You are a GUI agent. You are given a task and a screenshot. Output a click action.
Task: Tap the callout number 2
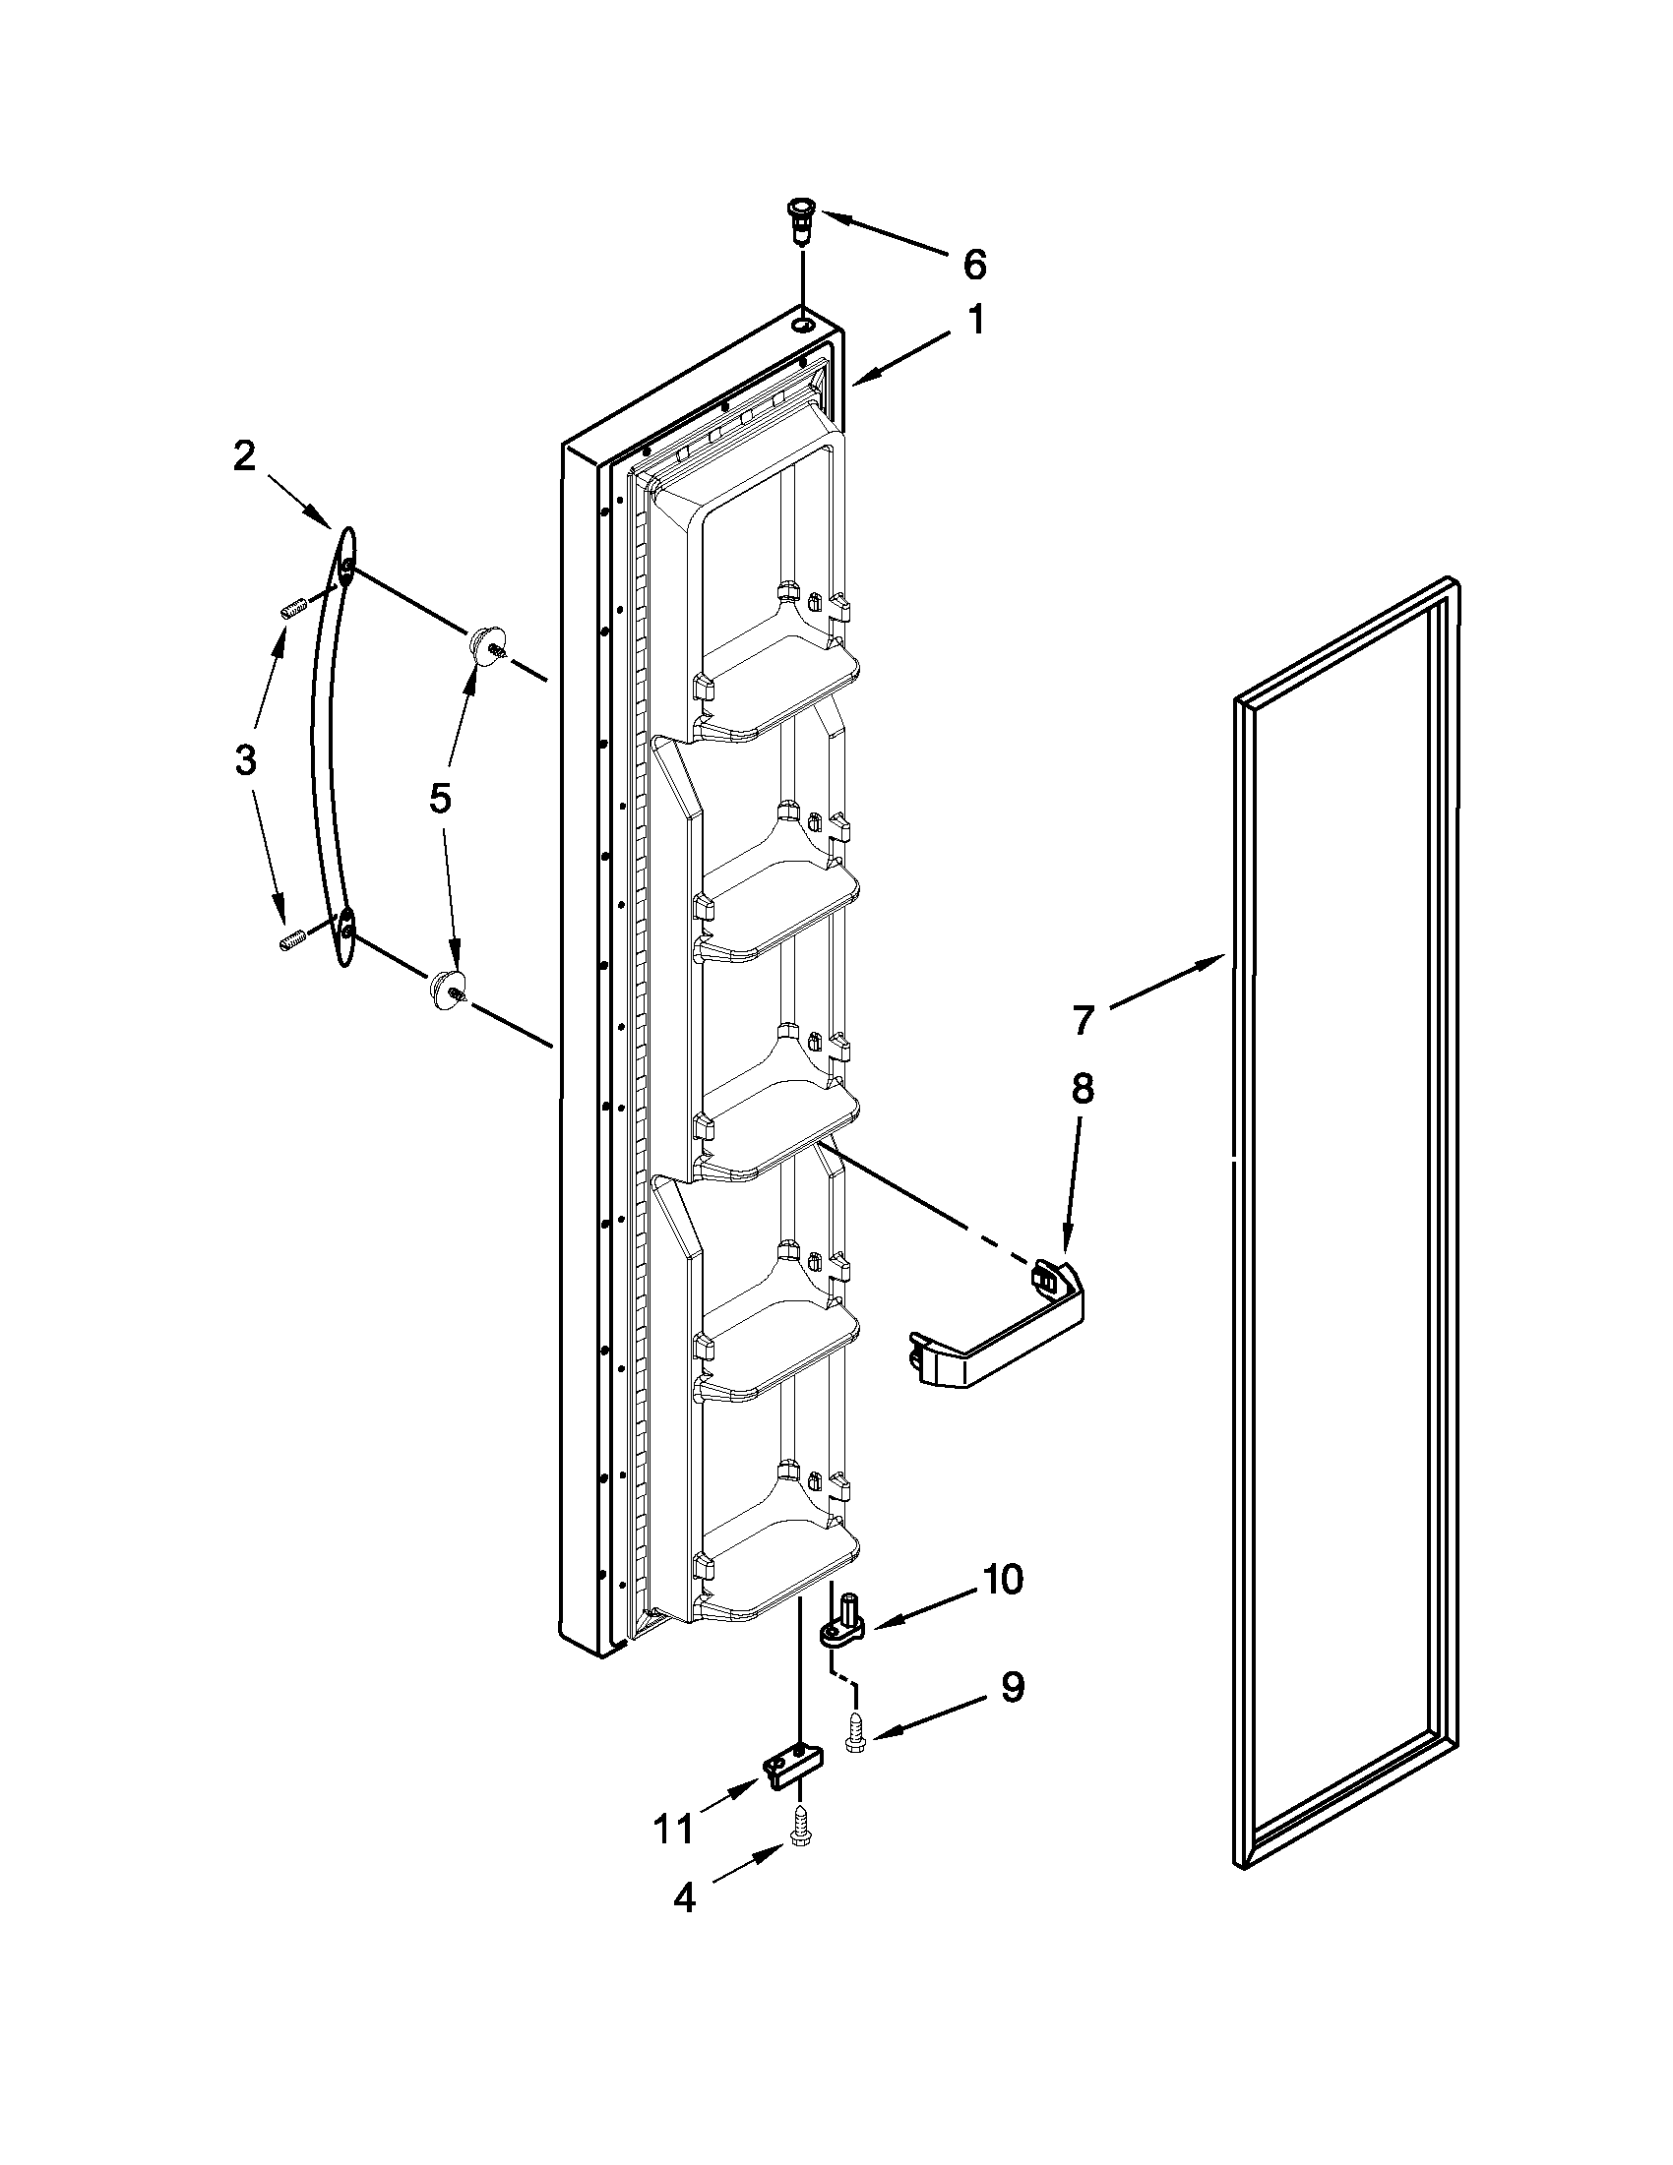[244, 457]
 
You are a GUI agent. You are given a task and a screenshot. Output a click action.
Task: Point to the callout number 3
[244, 759]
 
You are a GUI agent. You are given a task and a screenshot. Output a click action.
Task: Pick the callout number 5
[439, 797]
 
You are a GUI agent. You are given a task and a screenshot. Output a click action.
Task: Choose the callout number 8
[1082, 1089]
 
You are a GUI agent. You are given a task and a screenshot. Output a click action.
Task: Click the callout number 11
[673, 1828]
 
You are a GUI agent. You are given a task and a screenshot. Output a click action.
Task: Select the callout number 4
[684, 1898]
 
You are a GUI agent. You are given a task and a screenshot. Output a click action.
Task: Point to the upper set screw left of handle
[290, 610]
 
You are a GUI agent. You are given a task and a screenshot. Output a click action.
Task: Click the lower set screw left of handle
[290, 941]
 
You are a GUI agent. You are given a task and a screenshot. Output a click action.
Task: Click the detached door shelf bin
[997, 1336]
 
